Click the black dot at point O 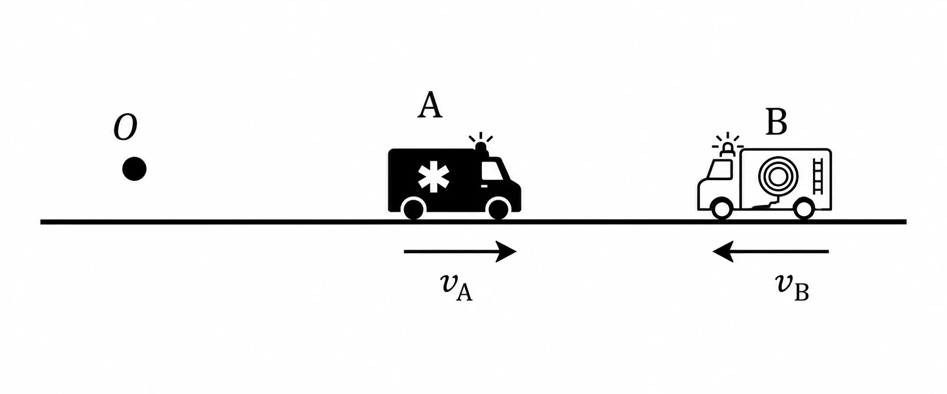coord(134,169)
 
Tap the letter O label coord(125,128)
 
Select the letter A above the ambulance coord(430,106)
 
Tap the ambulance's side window coord(492,170)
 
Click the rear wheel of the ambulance coord(414,209)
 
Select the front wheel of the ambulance coord(498,209)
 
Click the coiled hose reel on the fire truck coord(778,176)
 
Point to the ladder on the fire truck coord(818,176)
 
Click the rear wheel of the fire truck coord(804,209)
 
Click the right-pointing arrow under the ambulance coord(460,251)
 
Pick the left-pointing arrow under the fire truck coord(770,251)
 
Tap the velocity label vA coord(456,287)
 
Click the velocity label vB coord(792,287)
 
